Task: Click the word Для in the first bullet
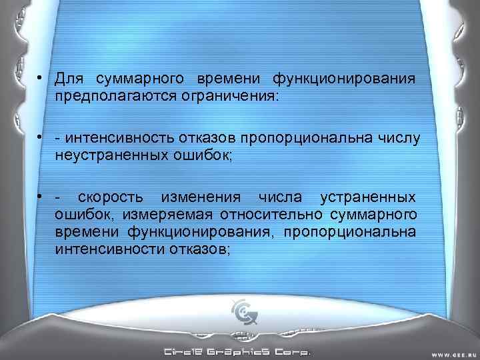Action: [x=69, y=79]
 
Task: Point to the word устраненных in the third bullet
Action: [x=368, y=199]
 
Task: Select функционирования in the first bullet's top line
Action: [x=343, y=79]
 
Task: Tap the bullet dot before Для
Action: [x=41, y=79]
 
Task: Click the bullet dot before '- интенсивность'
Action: [x=41, y=138]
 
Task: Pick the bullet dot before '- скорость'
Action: [x=41, y=199]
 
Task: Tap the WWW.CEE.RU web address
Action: [x=451, y=353]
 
